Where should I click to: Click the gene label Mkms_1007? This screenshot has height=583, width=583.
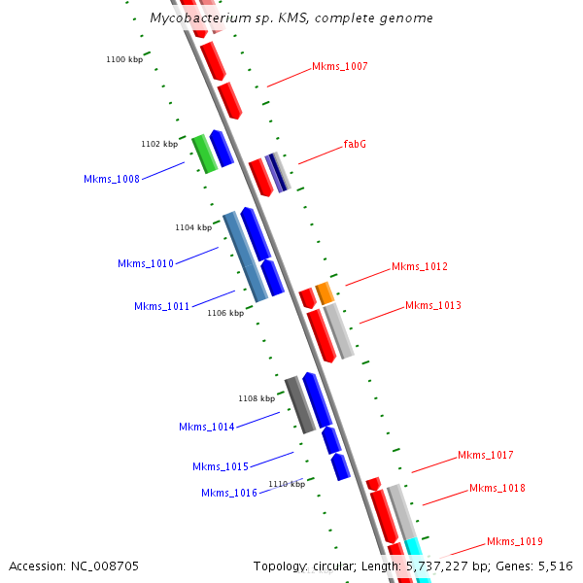[339, 66]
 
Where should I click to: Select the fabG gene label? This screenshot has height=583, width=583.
[355, 144]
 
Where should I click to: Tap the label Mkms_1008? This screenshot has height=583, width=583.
[111, 179]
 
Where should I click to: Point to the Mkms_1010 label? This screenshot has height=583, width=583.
[146, 263]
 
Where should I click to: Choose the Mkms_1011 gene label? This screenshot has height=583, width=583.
[161, 306]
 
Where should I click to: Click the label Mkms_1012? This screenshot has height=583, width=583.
[420, 266]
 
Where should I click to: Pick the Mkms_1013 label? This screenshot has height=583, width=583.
[433, 305]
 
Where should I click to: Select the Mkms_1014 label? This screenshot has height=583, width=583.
[206, 427]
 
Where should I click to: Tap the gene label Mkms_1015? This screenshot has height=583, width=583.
[221, 466]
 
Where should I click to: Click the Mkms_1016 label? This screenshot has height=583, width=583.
[229, 493]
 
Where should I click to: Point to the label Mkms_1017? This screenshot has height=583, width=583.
[486, 455]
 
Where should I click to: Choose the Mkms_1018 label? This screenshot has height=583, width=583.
[497, 488]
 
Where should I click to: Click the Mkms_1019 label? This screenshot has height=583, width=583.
[515, 541]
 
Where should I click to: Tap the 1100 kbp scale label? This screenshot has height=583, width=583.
[124, 60]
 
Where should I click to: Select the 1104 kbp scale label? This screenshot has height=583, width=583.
[193, 227]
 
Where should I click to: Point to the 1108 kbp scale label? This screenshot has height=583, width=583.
[257, 398]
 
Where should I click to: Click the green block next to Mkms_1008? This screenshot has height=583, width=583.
[204, 154]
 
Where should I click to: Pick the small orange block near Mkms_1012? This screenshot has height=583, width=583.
[325, 292]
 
